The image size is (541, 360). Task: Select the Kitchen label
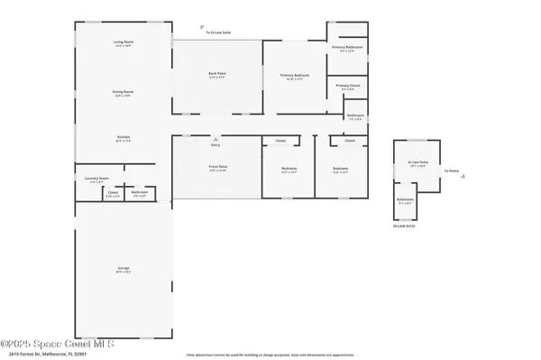[x=124, y=139]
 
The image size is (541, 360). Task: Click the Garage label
[x=124, y=269]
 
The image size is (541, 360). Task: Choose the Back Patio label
[x=217, y=75]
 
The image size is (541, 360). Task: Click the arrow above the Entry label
[x=215, y=139]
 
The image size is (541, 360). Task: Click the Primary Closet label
[x=348, y=86]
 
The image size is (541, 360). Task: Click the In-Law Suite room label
[x=417, y=163]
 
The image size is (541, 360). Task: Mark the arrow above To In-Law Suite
[x=201, y=26]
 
